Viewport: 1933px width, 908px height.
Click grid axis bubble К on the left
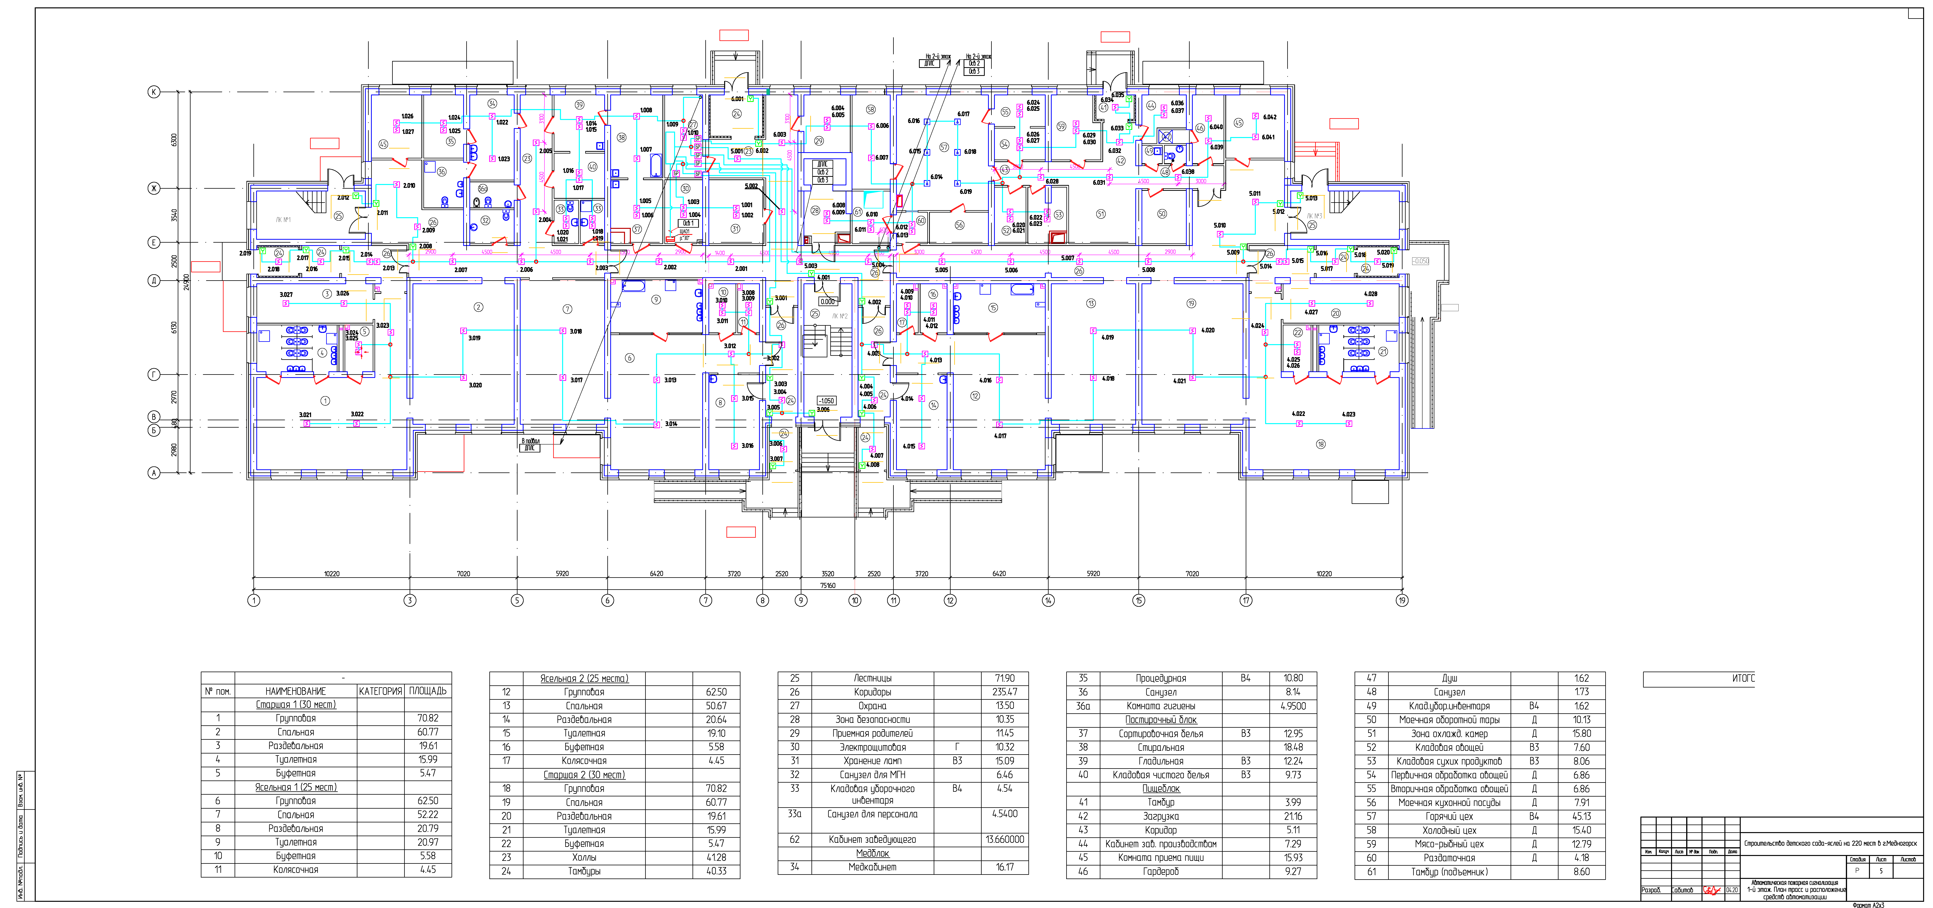coord(154,92)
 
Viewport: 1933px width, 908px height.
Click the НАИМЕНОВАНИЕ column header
coord(296,690)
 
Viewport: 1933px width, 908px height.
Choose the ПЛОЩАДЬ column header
coord(428,690)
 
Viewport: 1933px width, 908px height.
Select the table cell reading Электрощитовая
coord(873,747)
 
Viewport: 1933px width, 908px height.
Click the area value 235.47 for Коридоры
coord(1005,692)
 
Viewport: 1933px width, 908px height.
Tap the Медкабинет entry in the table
coord(873,867)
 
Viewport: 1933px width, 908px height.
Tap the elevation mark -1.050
coord(826,401)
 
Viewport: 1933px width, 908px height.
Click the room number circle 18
coord(1321,444)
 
